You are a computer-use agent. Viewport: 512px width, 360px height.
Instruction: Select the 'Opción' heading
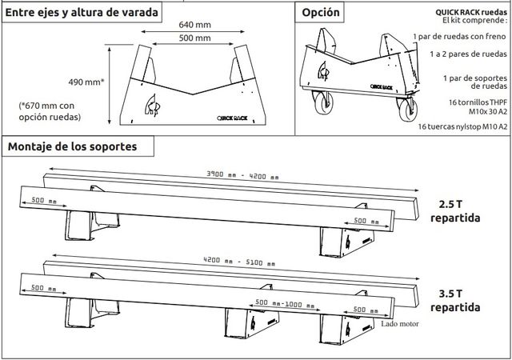pos(322,12)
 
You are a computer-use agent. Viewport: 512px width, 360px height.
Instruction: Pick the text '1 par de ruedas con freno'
pos(461,37)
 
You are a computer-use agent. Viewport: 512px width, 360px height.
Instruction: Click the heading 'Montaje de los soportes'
pos(70,146)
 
